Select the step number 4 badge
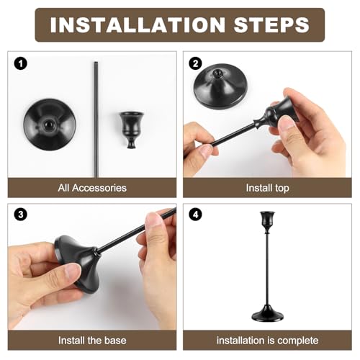coord(194,215)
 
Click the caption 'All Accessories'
coord(91,188)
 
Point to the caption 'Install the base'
coord(91,339)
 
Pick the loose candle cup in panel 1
coord(131,128)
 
